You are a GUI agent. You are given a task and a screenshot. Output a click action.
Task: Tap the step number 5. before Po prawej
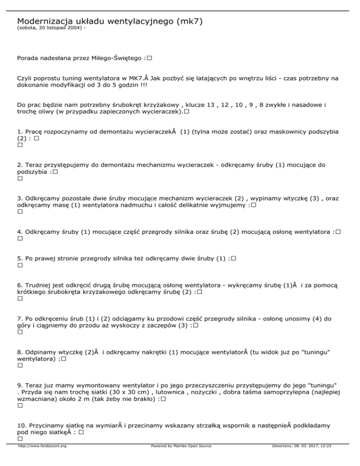19,258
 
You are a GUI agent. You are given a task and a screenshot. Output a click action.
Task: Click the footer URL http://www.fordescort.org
41,459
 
